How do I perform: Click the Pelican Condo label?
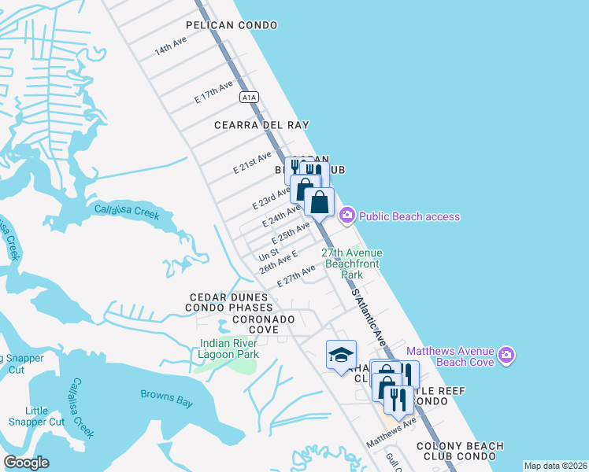[232, 25]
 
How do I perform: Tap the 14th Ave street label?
[170, 45]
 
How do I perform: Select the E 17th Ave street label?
[214, 92]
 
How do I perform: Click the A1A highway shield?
[249, 96]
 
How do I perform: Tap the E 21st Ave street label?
[253, 164]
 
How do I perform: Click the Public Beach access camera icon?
[346, 216]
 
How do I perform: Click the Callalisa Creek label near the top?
[127, 212]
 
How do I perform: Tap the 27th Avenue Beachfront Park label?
[352, 264]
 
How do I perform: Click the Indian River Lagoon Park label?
[230, 348]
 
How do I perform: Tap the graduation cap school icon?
[341, 356]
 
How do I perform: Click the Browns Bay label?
[167, 398]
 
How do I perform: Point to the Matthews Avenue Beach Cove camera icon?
[506, 356]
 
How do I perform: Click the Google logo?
[26, 463]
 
